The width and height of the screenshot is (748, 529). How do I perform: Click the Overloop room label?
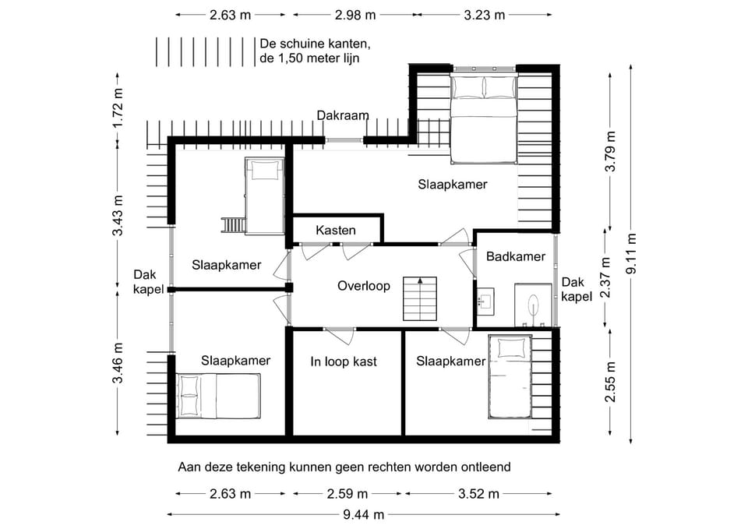(x=364, y=286)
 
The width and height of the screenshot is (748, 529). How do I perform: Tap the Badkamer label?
(x=516, y=256)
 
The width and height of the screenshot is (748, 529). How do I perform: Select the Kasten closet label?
(x=336, y=231)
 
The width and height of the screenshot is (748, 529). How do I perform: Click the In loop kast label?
(x=344, y=361)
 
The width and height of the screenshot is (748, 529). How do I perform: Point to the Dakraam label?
(x=343, y=115)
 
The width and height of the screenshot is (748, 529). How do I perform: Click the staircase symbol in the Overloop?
(x=420, y=298)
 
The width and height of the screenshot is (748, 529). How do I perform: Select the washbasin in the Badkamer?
(x=485, y=300)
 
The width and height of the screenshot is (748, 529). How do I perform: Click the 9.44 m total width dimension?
(x=364, y=515)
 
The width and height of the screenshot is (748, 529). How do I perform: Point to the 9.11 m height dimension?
(x=632, y=253)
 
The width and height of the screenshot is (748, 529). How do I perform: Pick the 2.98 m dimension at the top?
(x=355, y=16)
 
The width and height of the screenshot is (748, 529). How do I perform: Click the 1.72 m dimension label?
(x=118, y=108)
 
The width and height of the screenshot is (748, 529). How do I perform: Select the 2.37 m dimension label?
(x=605, y=277)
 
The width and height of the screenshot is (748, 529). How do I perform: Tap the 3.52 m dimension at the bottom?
(x=478, y=494)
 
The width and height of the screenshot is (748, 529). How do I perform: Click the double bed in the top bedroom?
(x=484, y=118)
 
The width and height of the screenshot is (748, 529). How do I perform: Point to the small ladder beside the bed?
(x=233, y=225)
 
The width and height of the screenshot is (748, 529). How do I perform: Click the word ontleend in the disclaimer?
(x=485, y=467)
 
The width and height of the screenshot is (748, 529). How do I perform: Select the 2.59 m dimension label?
(x=348, y=494)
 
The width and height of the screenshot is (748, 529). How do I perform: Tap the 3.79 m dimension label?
(x=611, y=151)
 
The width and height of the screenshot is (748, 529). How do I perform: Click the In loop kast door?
(x=339, y=337)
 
